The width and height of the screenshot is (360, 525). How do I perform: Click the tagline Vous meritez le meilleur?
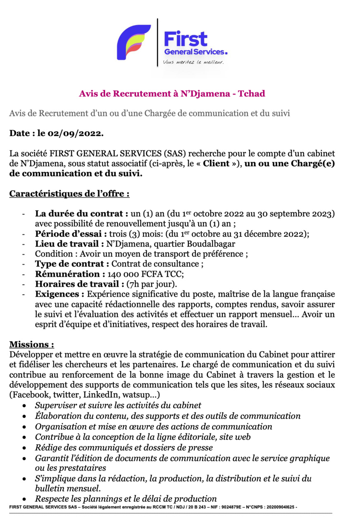click(193, 62)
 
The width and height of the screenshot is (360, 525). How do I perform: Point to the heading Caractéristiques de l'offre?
click(70, 193)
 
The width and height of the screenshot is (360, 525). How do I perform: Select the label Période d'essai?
click(71, 233)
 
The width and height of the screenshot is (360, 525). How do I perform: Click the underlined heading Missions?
click(31, 344)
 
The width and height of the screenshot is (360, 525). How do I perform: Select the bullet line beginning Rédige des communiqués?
click(124, 447)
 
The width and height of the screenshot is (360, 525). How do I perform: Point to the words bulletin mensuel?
click(67, 489)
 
